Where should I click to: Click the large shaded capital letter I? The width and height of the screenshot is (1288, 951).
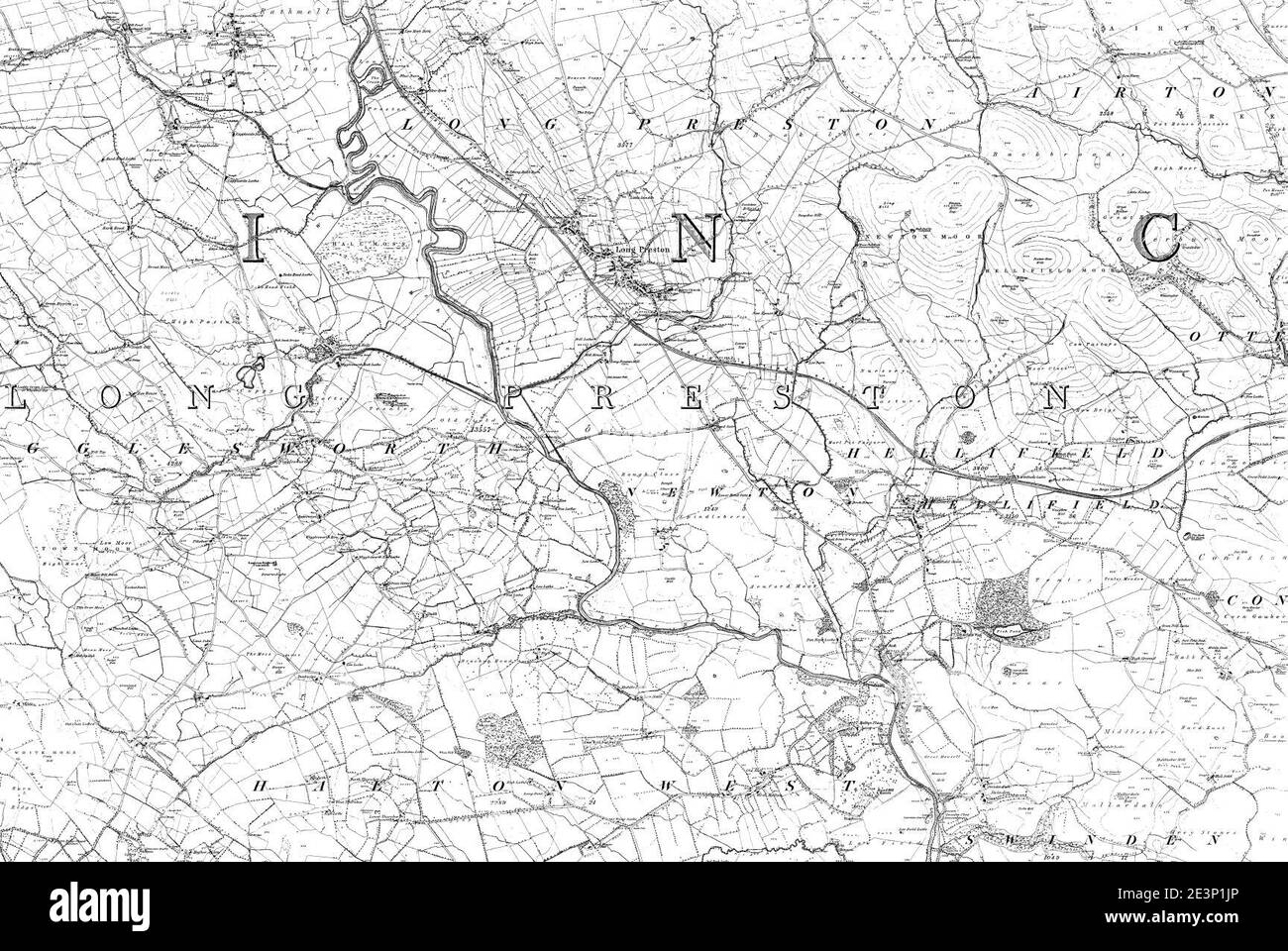coord(257,237)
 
